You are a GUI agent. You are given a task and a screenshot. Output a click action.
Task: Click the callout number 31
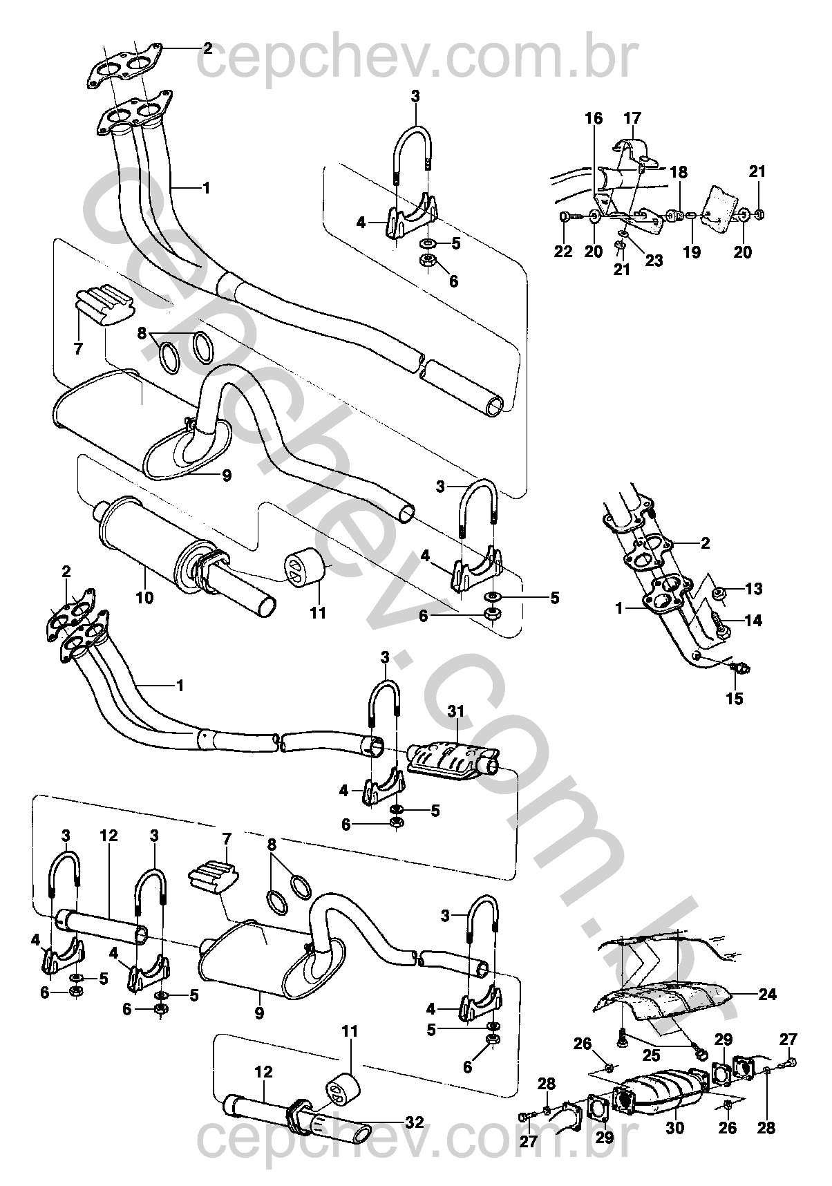point(456,712)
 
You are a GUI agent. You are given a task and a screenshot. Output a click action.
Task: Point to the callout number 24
point(768,995)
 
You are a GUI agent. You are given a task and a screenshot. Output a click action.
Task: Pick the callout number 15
point(735,699)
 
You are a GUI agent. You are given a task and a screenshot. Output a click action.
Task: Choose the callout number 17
point(632,118)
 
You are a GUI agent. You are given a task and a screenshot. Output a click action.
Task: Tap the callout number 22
point(563,252)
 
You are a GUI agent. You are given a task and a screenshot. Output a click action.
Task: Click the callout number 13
point(754,589)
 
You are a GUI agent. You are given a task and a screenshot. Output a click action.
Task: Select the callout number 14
point(754,621)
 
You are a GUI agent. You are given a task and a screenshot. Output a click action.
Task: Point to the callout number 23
point(654,260)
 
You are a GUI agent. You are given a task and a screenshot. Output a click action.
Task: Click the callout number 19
point(692,252)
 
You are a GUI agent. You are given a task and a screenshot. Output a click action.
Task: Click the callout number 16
point(594,118)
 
